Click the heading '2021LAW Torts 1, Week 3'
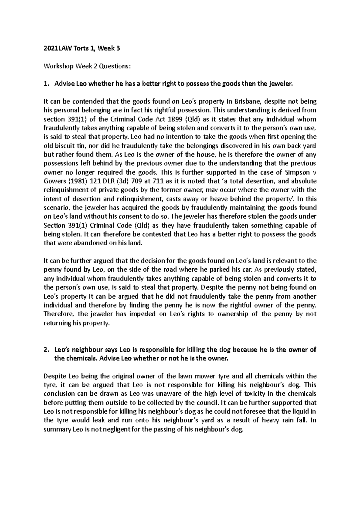click(82, 49)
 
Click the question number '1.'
click(46, 84)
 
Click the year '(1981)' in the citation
click(78, 181)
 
